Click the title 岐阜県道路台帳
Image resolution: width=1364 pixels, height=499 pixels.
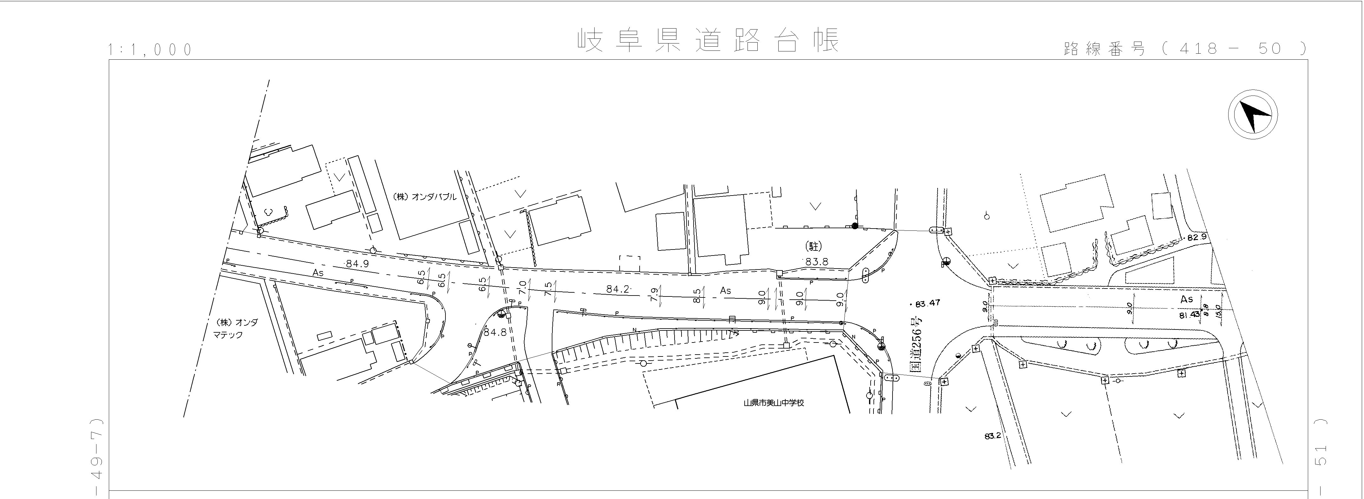[708, 41]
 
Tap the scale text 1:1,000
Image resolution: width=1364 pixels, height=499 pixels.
[150, 50]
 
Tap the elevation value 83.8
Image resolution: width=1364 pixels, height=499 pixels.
[816, 262]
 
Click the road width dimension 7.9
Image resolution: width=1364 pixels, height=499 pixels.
[654, 295]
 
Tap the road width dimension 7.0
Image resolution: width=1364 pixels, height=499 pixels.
[522, 288]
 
